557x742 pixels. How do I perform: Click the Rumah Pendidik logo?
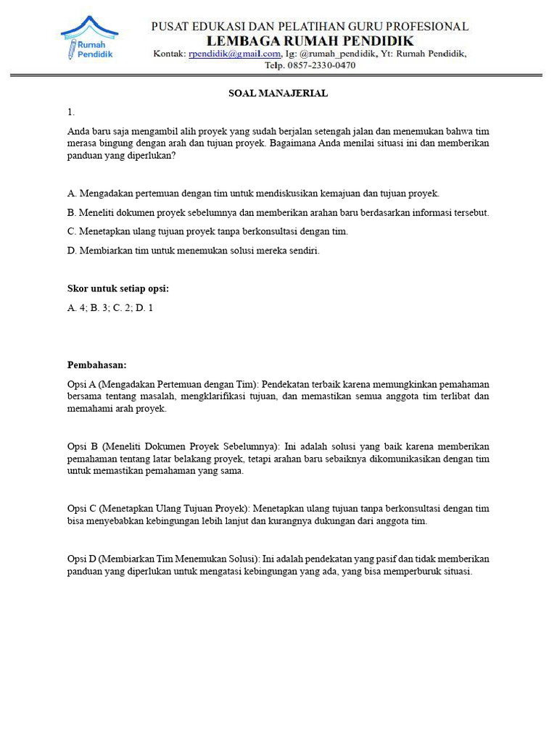(90, 38)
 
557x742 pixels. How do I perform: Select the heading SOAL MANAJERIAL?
(278, 93)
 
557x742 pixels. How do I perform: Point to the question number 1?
(71, 112)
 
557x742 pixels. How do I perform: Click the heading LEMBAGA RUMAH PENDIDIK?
(310, 41)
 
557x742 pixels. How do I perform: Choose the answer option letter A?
(72, 193)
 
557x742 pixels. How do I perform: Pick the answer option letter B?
(72, 212)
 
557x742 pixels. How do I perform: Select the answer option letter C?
(72, 231)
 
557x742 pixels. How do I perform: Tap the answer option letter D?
(72, 251)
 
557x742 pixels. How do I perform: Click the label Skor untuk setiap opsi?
(118, 288)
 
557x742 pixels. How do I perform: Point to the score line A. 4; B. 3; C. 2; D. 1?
(110, 308)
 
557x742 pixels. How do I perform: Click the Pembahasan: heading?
(97, 364)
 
